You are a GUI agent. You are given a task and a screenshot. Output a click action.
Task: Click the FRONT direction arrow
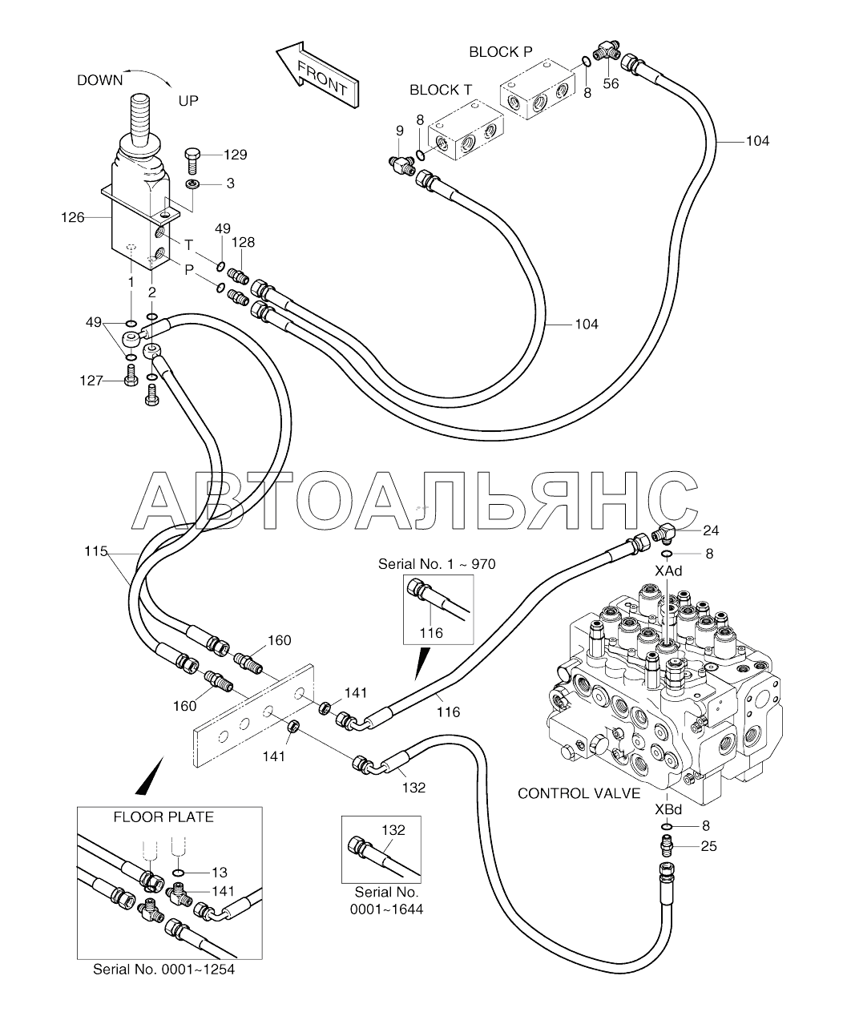318,75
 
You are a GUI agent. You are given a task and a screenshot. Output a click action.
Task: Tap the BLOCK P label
501,52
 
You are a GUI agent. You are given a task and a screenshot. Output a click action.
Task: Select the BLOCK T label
441,91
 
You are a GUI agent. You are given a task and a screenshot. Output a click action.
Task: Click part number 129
235,155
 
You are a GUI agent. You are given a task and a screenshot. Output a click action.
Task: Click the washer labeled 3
193,184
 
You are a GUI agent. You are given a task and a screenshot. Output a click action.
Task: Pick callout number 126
73,218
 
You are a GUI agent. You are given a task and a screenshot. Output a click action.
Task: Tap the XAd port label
668,571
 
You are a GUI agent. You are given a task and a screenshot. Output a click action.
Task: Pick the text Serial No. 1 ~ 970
437,564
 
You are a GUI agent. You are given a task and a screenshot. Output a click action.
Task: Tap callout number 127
91,381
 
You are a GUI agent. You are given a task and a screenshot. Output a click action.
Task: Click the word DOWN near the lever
100,80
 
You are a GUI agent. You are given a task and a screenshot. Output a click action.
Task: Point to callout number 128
243,242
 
